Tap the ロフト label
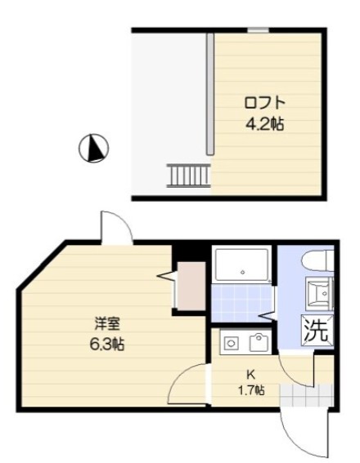click(264, 104)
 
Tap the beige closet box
click(191, 287)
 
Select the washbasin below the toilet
click(318, 292)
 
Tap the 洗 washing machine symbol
click(317, 331)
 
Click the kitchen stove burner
click(230, 343)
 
